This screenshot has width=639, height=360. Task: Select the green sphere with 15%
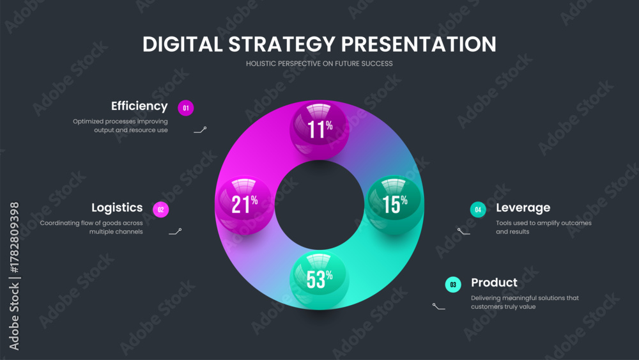tap(394, 205)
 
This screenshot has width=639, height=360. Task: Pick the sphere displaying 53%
tap(319, 280)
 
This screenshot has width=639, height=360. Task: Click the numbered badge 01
tap(186, 108)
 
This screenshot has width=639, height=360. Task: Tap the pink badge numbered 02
tap(160, 210)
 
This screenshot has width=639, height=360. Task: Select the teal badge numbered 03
tap(453, 285)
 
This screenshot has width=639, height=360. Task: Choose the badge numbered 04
tap(478, 210)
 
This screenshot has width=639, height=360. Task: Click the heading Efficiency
tap(139, 106)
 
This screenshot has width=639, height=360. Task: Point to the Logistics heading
tap(117, 208)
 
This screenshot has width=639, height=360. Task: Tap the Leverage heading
tap(523, 208)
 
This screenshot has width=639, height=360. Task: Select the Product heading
tap(495, 283)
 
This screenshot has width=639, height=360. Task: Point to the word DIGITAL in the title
tap(183, 44)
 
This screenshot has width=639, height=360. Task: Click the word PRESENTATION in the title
tap(419, 44)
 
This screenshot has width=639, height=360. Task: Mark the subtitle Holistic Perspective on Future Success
tap(319, 63)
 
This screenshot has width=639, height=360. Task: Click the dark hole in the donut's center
tap(319, 205)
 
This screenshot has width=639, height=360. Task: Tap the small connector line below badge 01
tap(200, 130)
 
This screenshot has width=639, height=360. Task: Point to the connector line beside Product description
tap(438, 306)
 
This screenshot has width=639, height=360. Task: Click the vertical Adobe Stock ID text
tap(14, 276)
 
